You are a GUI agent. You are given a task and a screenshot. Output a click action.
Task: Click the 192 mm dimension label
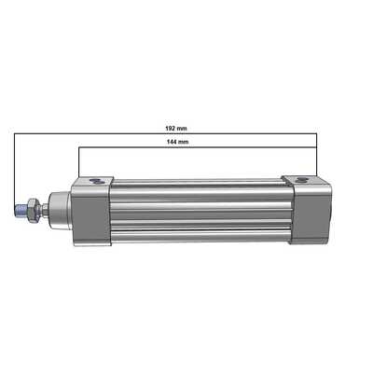point(176,128)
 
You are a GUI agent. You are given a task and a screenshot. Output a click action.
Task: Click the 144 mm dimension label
point(177,142)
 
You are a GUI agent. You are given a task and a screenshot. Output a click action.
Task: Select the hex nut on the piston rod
point(34,211)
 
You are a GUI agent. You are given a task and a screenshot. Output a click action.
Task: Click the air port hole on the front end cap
point(95,181)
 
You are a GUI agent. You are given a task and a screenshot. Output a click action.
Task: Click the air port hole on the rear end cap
point(301,180)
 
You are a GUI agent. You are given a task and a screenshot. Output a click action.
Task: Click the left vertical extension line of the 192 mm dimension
point(14,169)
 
